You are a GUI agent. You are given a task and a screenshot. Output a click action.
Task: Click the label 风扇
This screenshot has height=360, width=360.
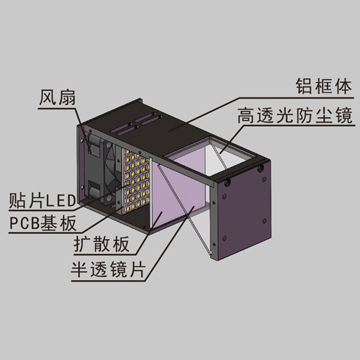[57, 97]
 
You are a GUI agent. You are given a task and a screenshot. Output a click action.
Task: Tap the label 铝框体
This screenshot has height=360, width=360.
[324, 86]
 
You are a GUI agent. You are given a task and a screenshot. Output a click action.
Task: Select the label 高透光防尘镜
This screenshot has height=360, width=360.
[295, 115]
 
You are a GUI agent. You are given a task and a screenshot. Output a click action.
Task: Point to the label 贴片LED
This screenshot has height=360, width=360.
[42, 201]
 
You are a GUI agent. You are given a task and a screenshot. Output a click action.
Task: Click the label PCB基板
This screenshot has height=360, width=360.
[42, 223]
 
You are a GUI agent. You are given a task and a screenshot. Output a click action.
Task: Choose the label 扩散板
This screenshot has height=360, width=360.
[102, 244]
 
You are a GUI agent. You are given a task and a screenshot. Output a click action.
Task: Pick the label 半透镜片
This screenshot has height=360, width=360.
[108, 269]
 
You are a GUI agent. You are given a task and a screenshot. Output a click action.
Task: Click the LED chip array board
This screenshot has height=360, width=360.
[135, 180]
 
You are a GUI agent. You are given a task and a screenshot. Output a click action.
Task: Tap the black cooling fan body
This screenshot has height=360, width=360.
[102, 168]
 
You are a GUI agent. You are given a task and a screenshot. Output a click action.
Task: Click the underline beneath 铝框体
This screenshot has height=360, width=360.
[296, 98]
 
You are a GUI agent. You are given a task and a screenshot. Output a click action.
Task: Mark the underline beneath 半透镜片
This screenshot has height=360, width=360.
[108, 281]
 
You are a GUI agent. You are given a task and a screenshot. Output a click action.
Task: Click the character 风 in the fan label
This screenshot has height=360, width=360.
[48, 97]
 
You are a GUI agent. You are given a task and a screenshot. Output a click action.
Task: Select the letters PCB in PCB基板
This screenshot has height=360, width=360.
[24, 223]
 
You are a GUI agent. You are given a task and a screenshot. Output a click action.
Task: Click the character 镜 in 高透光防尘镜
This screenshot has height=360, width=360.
[343, 115]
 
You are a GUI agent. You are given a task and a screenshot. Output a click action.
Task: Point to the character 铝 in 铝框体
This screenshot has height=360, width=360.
[305, 86]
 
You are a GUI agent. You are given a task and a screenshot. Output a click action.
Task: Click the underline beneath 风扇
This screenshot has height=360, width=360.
[57, 108]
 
